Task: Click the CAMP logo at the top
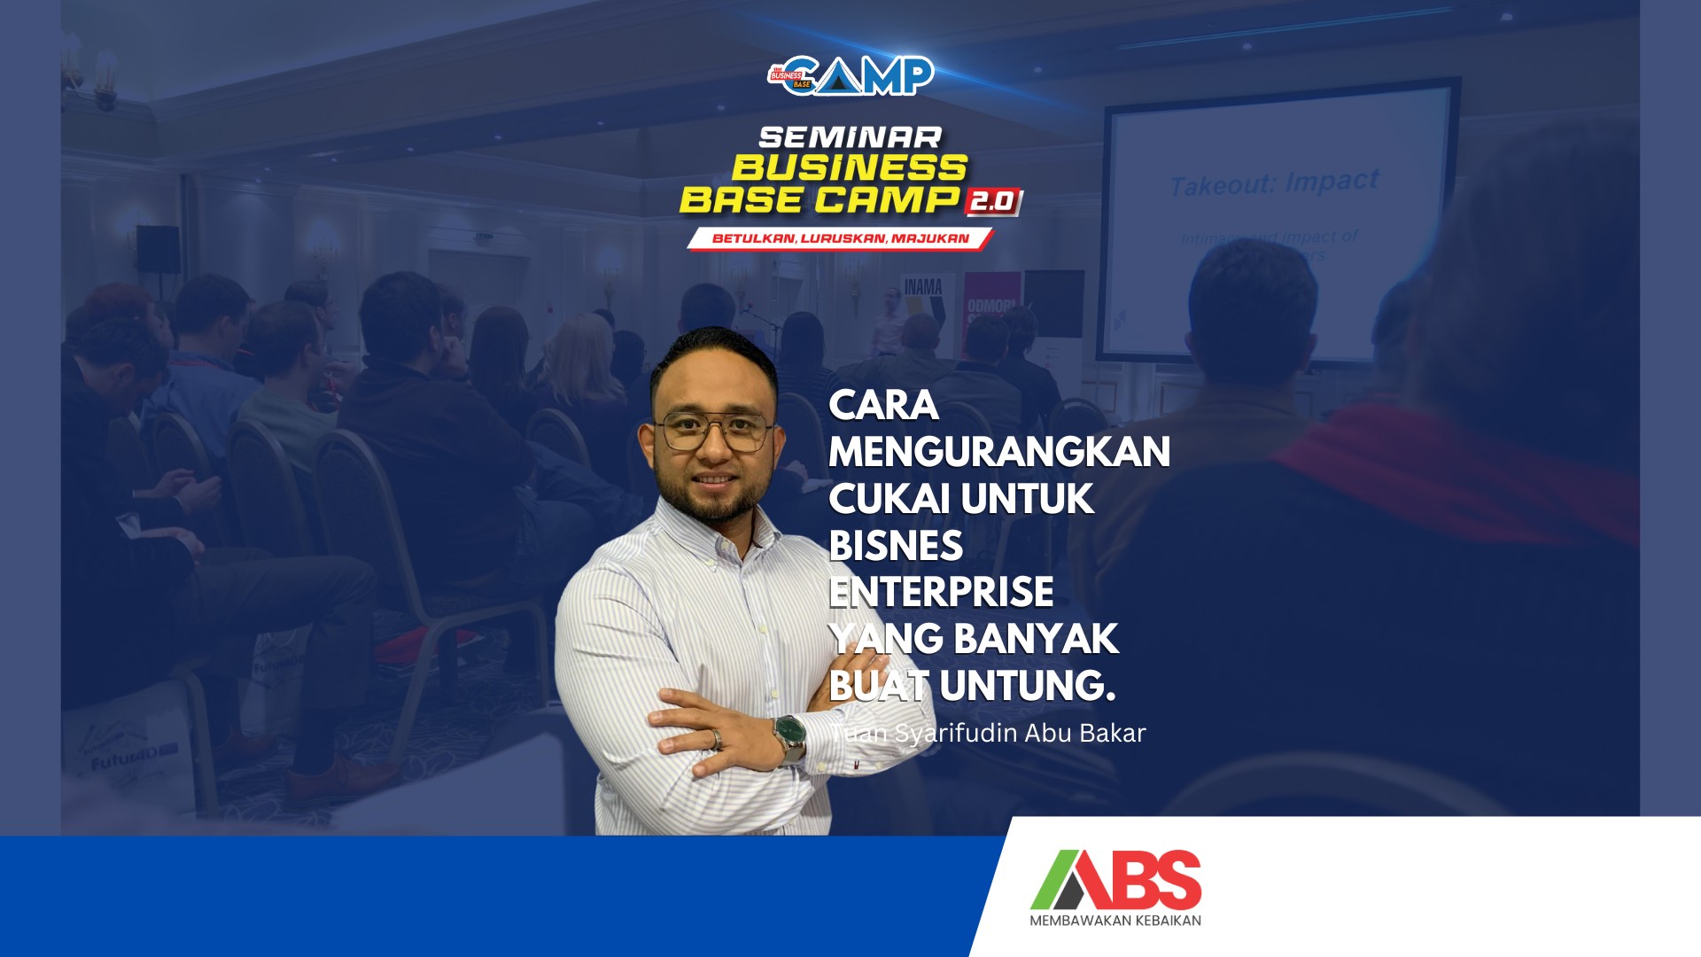(x=851, y=76)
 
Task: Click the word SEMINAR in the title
(x=850, y=137)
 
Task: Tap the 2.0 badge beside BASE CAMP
(x=993, y=201)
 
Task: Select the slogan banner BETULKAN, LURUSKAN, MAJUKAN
(x=840, y=238)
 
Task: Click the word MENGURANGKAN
(x=998, y=452)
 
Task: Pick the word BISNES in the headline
(x=895, y=546)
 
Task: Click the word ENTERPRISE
(x=941, y=592)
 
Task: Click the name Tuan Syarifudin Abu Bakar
(x=988, y=734)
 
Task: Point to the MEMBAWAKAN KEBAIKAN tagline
(x=1115, y=921)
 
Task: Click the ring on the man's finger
(x=716, y=737)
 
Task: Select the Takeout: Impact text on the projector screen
(x=1274, y=183)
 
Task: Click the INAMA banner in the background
(x=922, y=287)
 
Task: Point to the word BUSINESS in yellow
(x=849, y=168)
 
